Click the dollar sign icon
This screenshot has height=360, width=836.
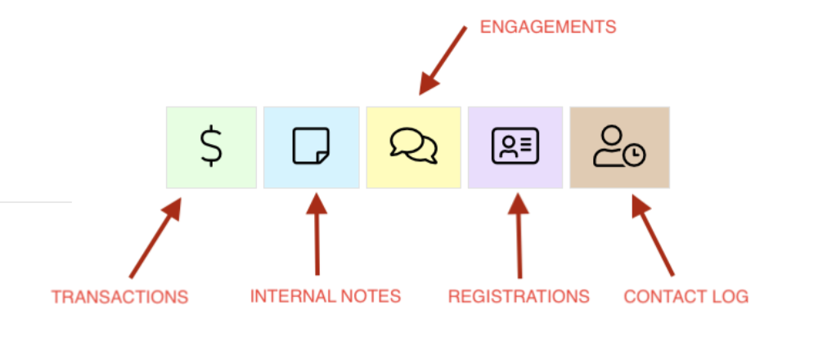coord(211,147)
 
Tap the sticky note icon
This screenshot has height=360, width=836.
coord(311,146)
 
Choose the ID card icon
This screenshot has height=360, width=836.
coord(515,146)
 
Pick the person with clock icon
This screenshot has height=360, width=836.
coord(619,147)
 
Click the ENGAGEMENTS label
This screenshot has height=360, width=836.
coord(547,27)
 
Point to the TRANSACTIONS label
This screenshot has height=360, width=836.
coord(119,296)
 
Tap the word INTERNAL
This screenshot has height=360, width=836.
coord(285,295)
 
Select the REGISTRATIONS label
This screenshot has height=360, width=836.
coord(519,296)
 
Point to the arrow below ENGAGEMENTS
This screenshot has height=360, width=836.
coord(442,61)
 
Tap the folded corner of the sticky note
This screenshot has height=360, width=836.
coord(323,157)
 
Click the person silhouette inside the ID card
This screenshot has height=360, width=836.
coord(508,146)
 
